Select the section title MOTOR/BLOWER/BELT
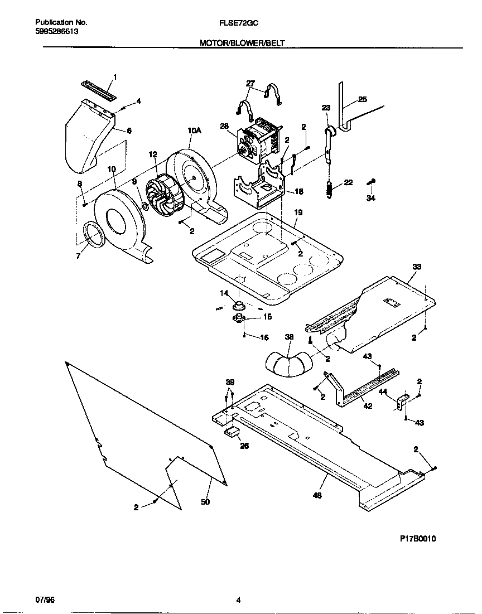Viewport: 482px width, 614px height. (242, 42)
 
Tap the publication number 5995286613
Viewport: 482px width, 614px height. (56, 32)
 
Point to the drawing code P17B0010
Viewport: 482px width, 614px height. (418, 538)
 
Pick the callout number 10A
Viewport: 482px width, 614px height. (194, 130)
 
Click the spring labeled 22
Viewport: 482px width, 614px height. (330, 189)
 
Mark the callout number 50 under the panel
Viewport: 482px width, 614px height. (205, 502)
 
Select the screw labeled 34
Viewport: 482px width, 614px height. (372, 182)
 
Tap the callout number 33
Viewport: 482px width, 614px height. (416, 267)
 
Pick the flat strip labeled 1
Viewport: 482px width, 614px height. (99, 91)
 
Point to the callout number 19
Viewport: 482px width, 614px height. (298, 213)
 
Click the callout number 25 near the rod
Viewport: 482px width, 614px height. (362, 99)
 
